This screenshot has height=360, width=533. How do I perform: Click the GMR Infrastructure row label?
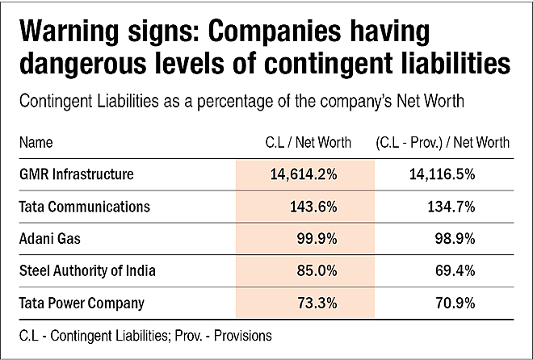(x=77, y=174)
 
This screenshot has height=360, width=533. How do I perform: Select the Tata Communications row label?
(x=84, y=207)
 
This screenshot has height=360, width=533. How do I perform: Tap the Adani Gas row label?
(x=50, y=238)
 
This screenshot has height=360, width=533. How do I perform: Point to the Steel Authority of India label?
(x=87, y=270)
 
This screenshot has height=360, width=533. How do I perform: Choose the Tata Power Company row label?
(x=82, y=303)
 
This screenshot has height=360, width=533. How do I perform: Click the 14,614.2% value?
(x=304, y=174)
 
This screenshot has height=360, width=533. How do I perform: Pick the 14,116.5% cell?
(x=443, y=174)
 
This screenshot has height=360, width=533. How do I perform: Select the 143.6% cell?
(x=313, y=207)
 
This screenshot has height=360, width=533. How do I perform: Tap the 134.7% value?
(x=451, y=207)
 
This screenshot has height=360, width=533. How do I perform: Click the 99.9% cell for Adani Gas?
(x=317, y=239)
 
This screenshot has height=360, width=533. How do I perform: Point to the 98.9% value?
(x=455, y=239)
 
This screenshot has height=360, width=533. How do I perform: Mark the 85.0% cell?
(x=317, y=271)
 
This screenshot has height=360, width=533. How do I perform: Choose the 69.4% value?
(x=455, y=271)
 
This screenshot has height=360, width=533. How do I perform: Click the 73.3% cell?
(x=317, y=303)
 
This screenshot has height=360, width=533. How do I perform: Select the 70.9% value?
(x=455, y=303)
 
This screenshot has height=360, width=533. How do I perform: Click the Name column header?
(x=36, y=142)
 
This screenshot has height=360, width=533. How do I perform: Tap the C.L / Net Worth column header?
(x=308, y=142)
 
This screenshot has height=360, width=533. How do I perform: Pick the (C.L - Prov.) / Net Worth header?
(x=443, y=143)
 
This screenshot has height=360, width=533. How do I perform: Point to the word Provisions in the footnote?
(x=243, y=336)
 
